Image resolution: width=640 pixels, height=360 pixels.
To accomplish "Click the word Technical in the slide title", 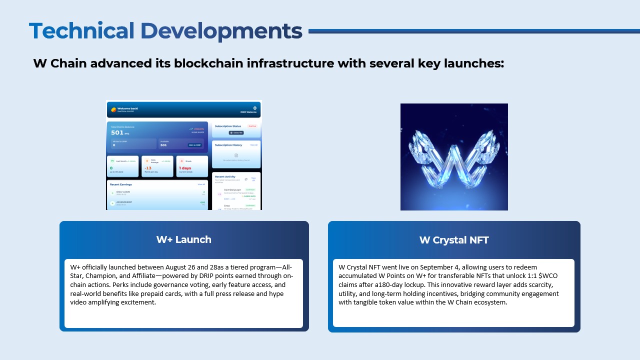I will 81,31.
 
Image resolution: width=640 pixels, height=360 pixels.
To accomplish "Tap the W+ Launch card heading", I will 183,239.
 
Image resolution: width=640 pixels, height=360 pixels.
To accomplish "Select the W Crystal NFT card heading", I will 454,240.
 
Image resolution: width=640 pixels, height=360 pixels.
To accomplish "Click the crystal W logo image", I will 454,156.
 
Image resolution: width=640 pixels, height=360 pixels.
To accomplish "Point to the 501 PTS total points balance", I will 117,132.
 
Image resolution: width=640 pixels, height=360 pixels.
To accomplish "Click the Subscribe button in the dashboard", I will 236,133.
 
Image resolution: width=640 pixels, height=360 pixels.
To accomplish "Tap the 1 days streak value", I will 185,168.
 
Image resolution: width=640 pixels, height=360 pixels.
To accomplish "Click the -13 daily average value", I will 148,168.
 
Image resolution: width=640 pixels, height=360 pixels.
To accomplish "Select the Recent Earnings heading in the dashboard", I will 121,184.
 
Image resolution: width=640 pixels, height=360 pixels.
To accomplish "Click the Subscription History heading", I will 228,145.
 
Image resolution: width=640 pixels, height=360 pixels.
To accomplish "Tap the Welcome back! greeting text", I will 127,108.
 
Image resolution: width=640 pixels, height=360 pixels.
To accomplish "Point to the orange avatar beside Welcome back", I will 113,109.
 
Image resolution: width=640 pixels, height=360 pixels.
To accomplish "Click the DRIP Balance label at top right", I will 248,112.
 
